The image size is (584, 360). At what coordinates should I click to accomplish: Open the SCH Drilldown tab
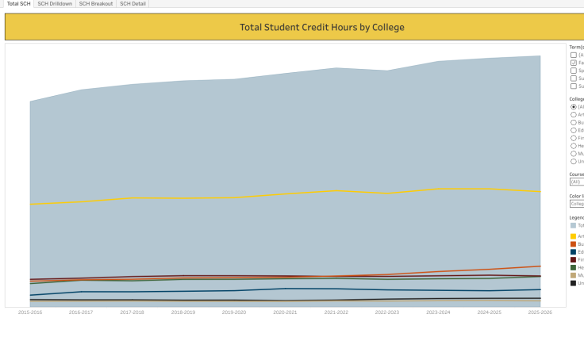[55, 4]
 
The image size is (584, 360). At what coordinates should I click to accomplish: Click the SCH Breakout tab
[96, 4]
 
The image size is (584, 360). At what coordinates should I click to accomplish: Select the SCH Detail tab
[133, 4]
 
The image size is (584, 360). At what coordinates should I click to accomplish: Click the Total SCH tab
[18, 4]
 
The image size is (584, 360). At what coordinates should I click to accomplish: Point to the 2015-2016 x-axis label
[30, 312]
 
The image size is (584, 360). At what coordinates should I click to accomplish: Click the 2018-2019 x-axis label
[183, 312]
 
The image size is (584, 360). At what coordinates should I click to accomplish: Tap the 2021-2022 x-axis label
[336, 312]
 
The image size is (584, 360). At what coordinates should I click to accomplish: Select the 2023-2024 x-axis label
[438, 312]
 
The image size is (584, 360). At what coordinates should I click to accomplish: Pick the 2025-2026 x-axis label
[540, 312]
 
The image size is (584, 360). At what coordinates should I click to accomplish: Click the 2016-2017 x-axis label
[81, 312]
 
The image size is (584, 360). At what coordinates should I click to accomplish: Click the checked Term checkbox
[574, 63]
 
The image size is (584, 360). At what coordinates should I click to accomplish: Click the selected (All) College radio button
[574, 106]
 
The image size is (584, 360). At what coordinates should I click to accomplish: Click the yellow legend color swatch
[574, 236]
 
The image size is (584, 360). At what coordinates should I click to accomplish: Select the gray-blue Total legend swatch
[574, 225]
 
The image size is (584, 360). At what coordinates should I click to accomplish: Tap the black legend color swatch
[574, 283]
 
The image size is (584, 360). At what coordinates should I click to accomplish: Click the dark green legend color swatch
[574, 267]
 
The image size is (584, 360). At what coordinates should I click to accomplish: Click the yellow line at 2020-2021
[286, 193]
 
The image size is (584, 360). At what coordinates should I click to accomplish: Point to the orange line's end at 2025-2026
[540, 266]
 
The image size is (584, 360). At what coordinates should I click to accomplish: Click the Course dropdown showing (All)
[577, 182]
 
